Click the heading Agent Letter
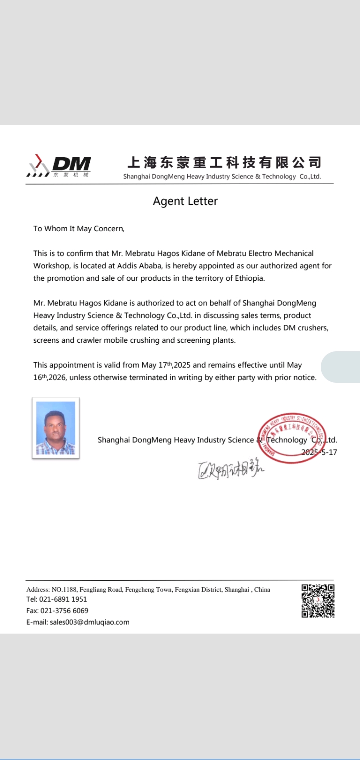tap(185, 201)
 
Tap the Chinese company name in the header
tap(224, 162)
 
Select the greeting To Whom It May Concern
tap(78, 229)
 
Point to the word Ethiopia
tap(249, 278)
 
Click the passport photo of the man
tap(56, 428)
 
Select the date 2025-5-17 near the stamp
tap(319, 452)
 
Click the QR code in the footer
tap(318, 601)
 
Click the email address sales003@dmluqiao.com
tap(89, 622)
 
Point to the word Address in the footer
tap(38, 590)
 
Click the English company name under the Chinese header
tap(222, 177)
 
